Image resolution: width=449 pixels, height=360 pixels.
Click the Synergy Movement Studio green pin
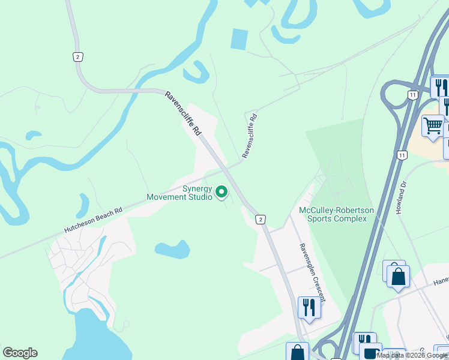[221, 192]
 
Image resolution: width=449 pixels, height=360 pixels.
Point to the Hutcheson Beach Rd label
[94, 220]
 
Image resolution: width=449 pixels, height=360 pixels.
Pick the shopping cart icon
[432, 126]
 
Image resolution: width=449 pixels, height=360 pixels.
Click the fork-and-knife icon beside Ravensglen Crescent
[309, 307]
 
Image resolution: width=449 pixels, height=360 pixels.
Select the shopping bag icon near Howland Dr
[397, 276]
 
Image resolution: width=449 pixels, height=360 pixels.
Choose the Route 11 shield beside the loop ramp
[412, 95]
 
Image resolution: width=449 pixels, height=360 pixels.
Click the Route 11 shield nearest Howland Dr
[402, 155]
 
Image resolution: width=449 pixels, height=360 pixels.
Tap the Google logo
[20, 353]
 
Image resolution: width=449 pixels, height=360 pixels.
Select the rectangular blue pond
[239, 40]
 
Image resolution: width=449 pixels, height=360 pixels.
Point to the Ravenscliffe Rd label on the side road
[250, 135]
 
